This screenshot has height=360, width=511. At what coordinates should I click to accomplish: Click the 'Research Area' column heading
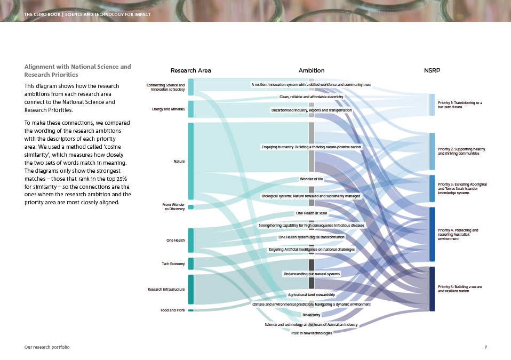[x=190, y=70]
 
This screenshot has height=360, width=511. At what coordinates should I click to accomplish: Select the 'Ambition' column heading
[x=312, y=70]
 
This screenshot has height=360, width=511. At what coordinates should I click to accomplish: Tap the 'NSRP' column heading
[x=432, y=70]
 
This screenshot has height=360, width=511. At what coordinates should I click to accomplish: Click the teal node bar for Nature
[x=190, y=161]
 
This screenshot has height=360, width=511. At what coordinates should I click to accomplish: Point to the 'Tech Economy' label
[x=173, y=264]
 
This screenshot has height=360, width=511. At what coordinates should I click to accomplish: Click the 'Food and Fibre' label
[x=173, y=310]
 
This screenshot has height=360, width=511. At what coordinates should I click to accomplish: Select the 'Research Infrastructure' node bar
[x=190, y=289]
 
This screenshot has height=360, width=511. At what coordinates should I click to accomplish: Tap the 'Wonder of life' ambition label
[x=312, y=179]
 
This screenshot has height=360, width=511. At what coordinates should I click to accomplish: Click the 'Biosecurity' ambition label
[x=312, y=315]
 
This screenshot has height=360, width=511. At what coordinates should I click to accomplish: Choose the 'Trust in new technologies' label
[x=312, y=333]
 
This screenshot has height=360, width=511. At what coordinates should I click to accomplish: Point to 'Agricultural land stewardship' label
[x=312, y=295]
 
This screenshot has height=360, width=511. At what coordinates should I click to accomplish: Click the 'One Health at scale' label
[x=312, y=213]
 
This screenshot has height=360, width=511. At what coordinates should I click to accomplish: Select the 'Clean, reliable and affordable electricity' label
[x=312, y=97]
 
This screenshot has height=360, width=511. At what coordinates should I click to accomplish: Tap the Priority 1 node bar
[x=432, y=105]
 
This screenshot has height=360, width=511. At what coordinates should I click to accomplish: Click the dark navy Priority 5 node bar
[x=432, y=289]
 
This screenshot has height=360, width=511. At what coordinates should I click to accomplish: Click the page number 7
[x=485, y=347]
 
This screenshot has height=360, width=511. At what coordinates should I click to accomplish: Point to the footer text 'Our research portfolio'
[x=47, y=347]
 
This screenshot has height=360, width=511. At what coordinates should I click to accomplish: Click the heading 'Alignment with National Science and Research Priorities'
[x=77, y=70]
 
